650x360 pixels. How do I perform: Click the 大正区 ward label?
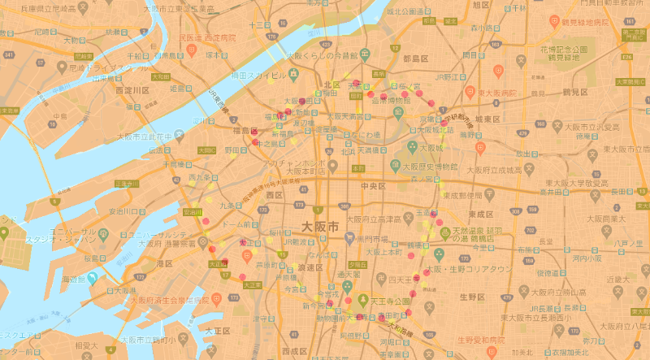pyautogui.click(x=219, y=332)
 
